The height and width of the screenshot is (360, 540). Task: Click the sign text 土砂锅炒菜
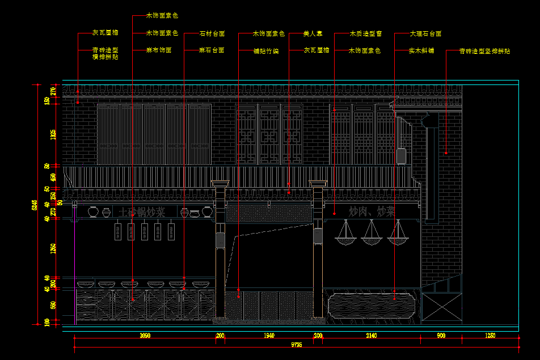point(142,213)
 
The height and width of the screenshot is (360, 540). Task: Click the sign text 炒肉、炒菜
point(372,211)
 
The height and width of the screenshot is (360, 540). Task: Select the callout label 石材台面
point(212,34)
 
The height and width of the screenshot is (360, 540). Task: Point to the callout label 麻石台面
point(212,50)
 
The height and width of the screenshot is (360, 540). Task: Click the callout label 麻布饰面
point(159,50)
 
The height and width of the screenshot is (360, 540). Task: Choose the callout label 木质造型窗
point(366,34)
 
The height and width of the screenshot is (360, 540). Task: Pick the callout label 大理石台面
point(425,34)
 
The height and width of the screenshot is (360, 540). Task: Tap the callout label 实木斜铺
point(421,50)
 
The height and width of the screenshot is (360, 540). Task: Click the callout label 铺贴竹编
point(266,51)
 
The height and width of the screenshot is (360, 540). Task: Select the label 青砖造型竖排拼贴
point(485,51)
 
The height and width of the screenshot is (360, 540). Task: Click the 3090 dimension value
point(145,336)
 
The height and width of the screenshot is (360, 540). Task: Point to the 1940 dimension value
point(269,336)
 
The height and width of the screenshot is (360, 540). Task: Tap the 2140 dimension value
point(371,336)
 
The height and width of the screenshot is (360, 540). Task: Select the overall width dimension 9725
point(297,344)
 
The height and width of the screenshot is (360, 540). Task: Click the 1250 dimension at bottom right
point(490,336)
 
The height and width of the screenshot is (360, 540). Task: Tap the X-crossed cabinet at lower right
point(441,307)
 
